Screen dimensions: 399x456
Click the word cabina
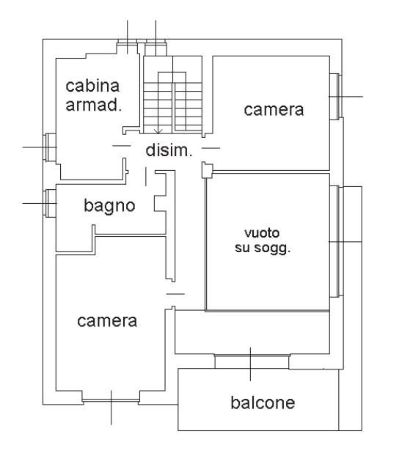click(92, 86)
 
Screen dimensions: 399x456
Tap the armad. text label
click(93, 105)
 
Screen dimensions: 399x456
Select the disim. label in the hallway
click(169, 150)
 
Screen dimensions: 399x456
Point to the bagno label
click(109, 206)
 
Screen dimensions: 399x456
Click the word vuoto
click(262, 233)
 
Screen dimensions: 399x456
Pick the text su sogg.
click(263, 248)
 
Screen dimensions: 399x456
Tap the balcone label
click(263, 402)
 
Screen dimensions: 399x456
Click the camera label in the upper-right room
click(274, 110)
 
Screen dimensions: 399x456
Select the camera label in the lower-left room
click(107, 321)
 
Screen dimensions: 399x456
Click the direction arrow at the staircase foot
click(158, 131)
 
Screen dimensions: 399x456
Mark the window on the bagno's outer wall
click(50, 203)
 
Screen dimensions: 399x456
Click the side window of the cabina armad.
click(50, 147)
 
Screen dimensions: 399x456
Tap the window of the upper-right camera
click(336, 96)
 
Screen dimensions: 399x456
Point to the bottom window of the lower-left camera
click(111, 400)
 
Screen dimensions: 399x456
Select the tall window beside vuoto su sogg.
click(337, 241)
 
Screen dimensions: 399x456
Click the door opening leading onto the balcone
click(252, 361)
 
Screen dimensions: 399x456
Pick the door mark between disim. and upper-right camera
click(211, 148)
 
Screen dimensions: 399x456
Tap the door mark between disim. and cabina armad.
click(122, 146)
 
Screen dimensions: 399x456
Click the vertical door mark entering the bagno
click(146, 177)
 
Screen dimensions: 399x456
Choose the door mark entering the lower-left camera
click(175, 294)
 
